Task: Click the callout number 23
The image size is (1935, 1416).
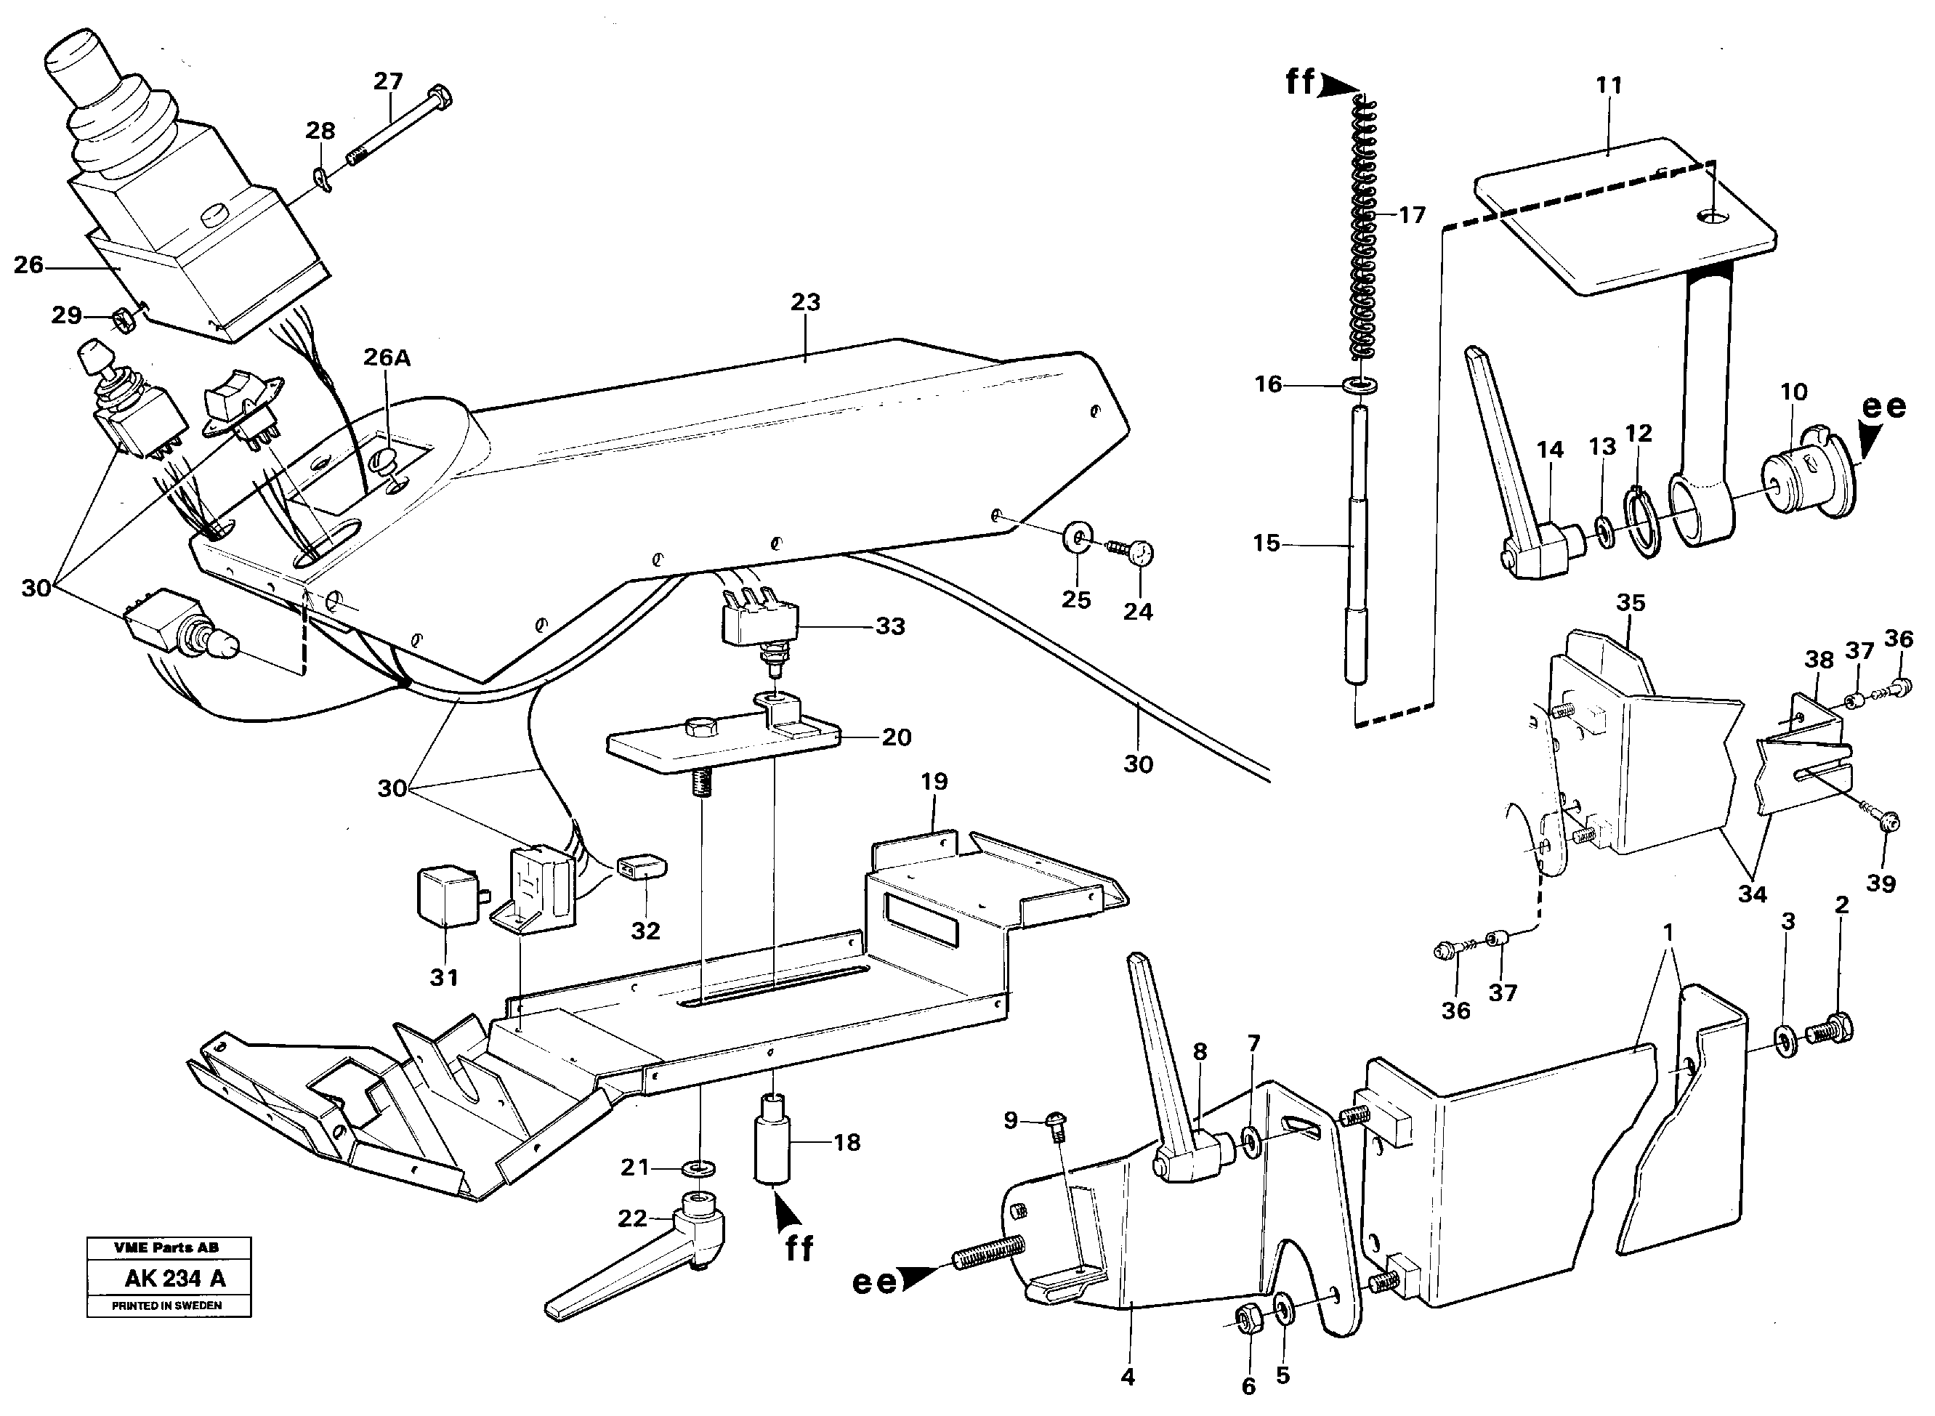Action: click(x=805, y=302)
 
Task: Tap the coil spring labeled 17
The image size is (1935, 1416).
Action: click(x=1362, y=232)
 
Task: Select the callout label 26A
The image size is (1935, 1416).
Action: click(x=387, y=357)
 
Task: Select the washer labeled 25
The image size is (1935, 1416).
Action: click(x=1077, y=539)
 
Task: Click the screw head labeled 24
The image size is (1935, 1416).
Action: click(x=1142, y=555)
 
